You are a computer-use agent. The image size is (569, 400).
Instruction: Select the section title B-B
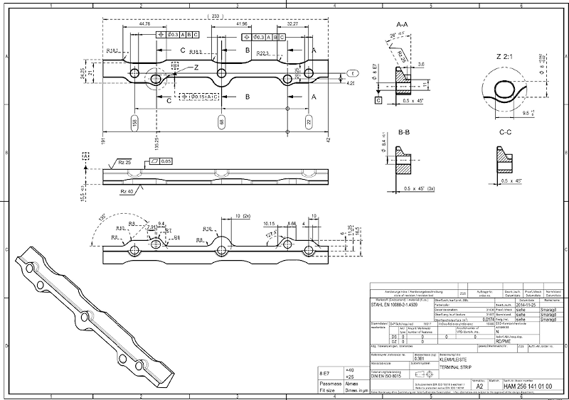click(403, 132)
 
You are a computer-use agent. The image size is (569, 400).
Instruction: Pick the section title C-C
click(506, 132)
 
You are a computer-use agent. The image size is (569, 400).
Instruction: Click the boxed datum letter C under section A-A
click(378, 101)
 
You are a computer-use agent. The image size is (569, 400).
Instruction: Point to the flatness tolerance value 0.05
click(166, 161)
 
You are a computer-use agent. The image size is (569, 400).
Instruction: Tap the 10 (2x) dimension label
click(242, 215)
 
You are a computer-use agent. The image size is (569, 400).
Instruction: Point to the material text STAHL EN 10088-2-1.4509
click(397, 305)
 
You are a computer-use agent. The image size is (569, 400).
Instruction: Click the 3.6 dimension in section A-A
click(421, 65)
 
